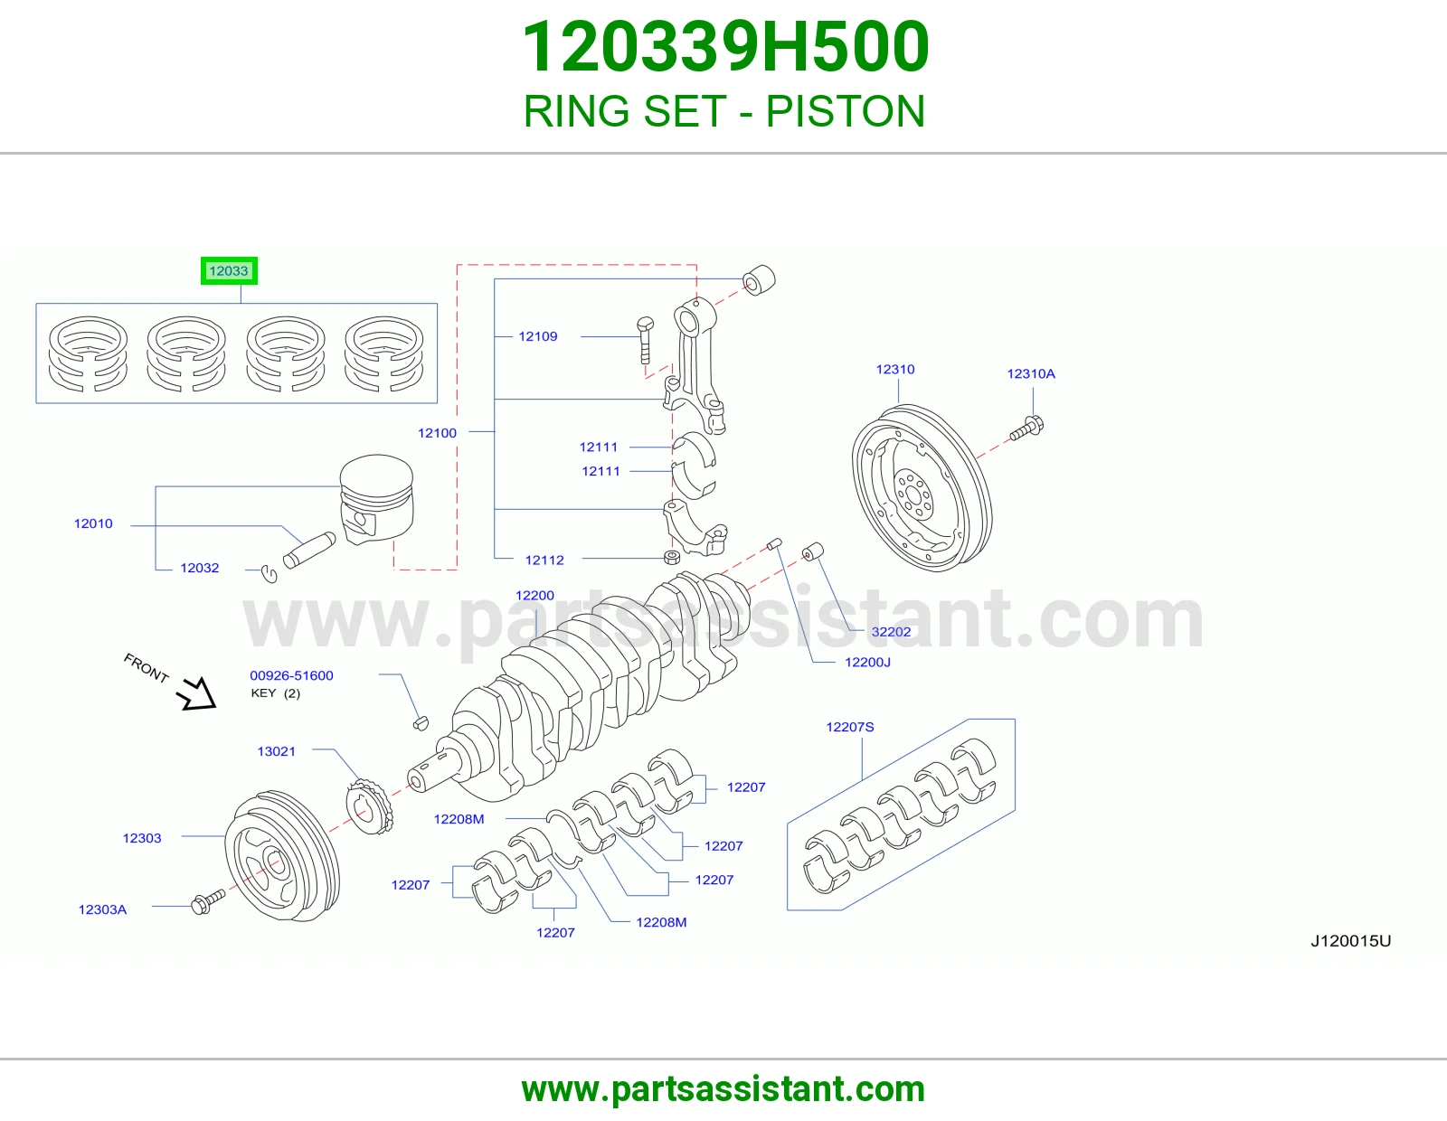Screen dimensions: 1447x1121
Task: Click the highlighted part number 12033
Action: tap(229, 271)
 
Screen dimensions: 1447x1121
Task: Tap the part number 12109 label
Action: tap(538, 336)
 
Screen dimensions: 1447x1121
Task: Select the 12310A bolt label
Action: tap(1031, 373)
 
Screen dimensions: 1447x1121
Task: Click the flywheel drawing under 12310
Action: tap(922, 488)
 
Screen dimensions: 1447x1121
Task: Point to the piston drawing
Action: tap(376, 499)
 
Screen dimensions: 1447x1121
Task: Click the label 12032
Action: tap(199, 568)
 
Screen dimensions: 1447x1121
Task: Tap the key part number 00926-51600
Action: tap(292, 675)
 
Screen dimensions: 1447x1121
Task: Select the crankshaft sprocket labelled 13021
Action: tap(370, 806)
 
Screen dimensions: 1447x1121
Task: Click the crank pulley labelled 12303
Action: tap(282, 856)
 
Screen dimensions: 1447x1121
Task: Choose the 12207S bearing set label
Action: tap(850, 727)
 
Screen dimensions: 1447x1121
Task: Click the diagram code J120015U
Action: tap(1350, 940)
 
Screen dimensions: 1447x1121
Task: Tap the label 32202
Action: tap(891, 632)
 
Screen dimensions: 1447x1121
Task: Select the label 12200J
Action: tap(867, 663)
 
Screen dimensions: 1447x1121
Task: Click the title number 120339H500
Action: tap(725, 47)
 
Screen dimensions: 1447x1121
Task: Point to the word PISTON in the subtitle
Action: tap(845, 111)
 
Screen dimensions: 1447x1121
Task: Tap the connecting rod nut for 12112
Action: tap(673, 557)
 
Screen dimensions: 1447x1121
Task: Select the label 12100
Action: tap(437, 433)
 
